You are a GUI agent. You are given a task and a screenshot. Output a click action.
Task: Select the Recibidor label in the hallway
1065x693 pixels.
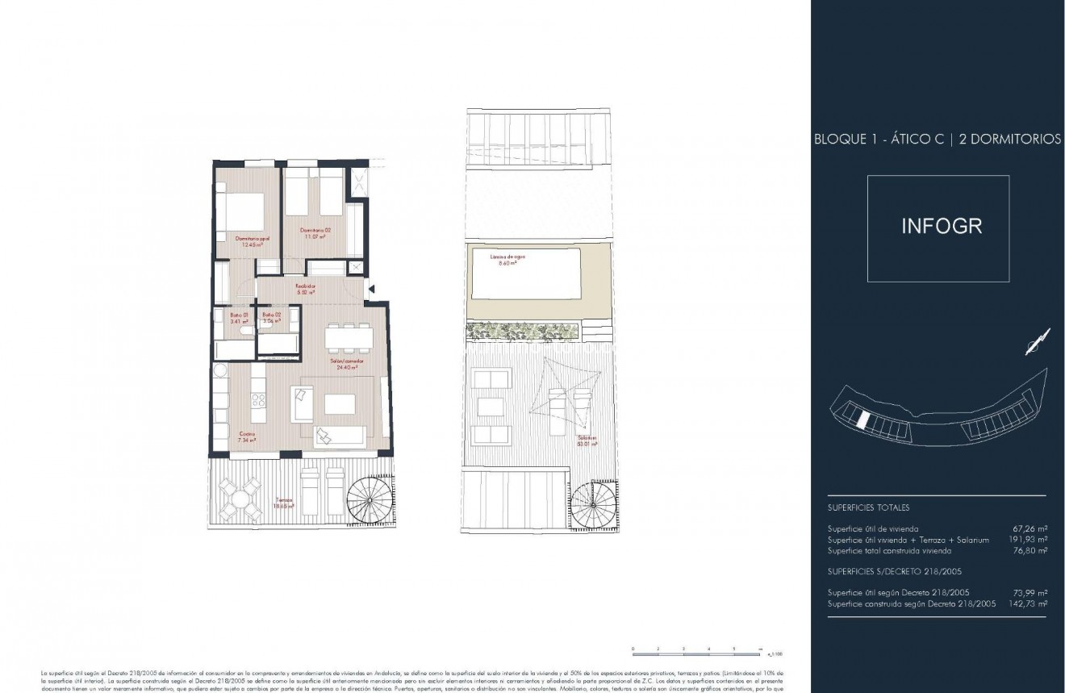pos(305,290)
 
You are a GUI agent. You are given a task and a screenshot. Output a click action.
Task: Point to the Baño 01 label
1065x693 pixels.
pos(236,317)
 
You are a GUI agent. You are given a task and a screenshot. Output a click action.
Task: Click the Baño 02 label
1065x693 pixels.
pos(270,317)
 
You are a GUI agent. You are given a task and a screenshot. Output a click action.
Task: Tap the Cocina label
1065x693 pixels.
pos(247,436)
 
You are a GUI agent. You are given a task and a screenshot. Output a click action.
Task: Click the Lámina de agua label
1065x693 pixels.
pos(507,260)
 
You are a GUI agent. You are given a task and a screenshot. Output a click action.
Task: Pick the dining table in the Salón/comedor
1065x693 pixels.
pos(349,335)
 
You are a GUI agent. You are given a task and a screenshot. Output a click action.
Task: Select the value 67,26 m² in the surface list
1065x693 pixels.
pos(1029,528)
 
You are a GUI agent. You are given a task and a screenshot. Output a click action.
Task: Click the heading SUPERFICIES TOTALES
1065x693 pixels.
pos(868,508)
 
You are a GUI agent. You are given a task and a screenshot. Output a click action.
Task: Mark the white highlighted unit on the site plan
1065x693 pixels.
pos(862,420)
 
